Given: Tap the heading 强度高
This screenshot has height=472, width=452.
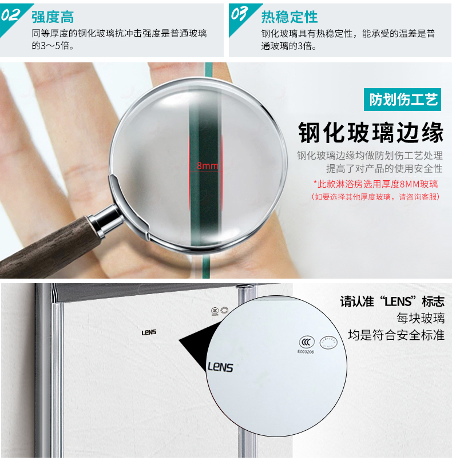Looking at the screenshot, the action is pyautogui.click(x=53, y=17).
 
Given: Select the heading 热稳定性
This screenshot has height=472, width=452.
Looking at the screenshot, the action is pyautogui.click(x=290, y=17).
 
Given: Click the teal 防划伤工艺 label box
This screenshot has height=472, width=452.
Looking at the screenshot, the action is pyautogui.click(x=402, y=100).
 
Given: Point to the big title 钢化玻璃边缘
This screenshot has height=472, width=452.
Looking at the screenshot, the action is pyautogui.click(x=371, y=133).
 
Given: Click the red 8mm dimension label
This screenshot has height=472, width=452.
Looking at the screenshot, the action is pyautogui.click(x=208, y=165).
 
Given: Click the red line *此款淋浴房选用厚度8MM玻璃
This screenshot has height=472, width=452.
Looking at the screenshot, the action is pyautogui.click(x=375, y=184).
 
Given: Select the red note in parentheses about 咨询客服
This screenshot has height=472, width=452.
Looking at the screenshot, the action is pyautogui.click(x=375, y=197).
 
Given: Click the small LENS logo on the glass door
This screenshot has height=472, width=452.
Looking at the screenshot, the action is pyautogui.click(x=149, y=332).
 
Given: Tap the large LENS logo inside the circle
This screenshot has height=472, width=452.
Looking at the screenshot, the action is pyautogui.click(x=220, y=367).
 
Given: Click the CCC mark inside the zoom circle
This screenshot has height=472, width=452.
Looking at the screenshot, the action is pyautogui.click(x=307, y=342).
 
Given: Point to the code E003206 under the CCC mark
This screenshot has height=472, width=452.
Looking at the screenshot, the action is pyautogui.click(x=306, y=352).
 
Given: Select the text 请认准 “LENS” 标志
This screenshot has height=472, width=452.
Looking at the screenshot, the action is pyautogui.click(x=392, y=302).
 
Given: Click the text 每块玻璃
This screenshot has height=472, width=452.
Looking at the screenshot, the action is pyautogui.click(x=421, y=318).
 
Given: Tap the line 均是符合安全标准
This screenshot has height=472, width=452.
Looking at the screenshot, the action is pyautogui.click(x=397, y=335).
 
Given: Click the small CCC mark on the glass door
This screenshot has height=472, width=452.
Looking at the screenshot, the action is pyautogui.click(x=215, y=311).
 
